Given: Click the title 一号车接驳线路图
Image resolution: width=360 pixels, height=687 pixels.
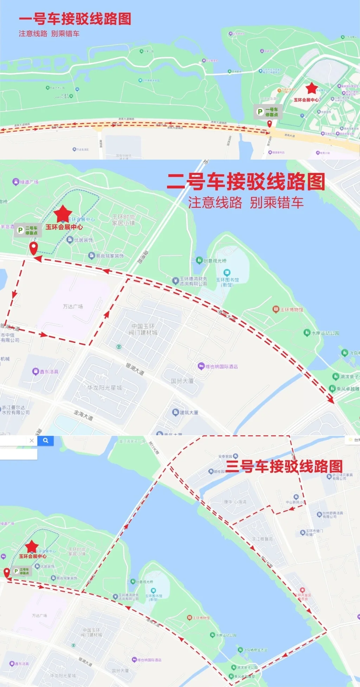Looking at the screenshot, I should pyautogui.click(x=75, y=19).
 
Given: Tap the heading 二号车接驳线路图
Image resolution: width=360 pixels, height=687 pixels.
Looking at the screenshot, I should pyautogui.click(x=246, y=182).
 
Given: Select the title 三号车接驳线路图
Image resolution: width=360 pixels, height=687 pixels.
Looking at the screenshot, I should pyautogui.click(x=284, y=466).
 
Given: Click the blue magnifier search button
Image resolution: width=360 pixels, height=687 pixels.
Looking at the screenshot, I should pyautogui.click(x=46, y=441).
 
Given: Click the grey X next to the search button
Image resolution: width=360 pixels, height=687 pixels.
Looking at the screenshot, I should pyautogui.click(x=32, y=441).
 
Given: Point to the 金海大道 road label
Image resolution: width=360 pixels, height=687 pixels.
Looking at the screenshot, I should pyautogui.click(x=83, y=415).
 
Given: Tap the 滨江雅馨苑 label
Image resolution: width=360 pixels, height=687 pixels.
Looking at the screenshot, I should pyautogui.click(x=262, y=539).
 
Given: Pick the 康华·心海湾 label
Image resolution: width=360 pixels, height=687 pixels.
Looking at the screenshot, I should pyautogui.click(x=235, y=502).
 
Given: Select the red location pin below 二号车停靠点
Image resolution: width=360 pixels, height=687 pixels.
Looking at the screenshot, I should pyautogui.click(x=33, y=248).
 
